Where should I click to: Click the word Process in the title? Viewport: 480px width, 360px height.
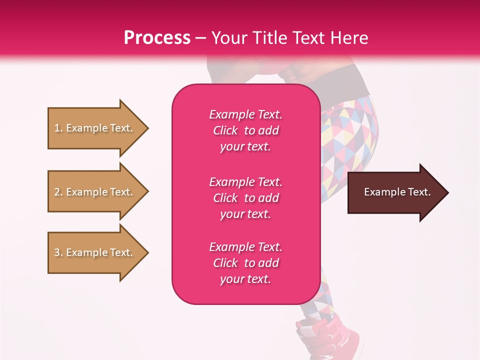click(x=157, y=38)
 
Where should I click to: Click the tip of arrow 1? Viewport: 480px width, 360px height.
click(x=147, y=128)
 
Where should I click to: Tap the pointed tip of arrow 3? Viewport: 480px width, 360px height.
click(x=147, y=252)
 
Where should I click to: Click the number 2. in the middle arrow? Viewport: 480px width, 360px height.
click(x=58, y=192)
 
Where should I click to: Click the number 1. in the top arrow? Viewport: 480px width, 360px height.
click(x=58, y=128)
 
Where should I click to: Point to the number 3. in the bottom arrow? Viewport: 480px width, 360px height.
click(x=58, y=252)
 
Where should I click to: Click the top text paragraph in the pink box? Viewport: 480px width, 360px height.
click(x=245, y=130)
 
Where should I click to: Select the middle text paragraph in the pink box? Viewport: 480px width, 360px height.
click(x=245, y=198)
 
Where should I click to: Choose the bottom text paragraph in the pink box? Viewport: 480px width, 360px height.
click(x=245, y=263)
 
